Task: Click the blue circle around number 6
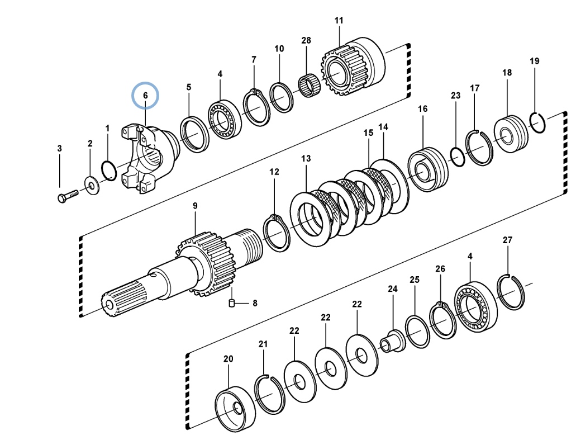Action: [145, 96]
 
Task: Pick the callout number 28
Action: [306, 40]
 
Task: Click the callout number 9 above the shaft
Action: [195, 206]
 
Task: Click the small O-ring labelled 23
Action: [457, 157]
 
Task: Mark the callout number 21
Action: [263, 344]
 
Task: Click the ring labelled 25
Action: [416, 332]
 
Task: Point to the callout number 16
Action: [422, 108]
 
